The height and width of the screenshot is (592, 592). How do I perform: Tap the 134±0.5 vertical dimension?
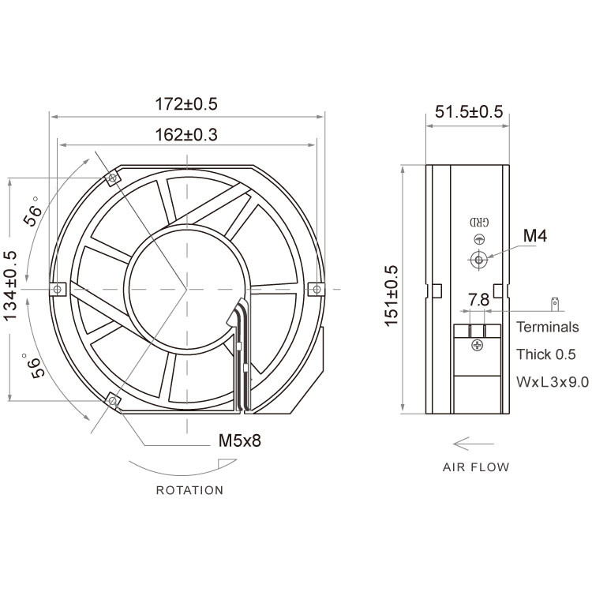pos(11,286)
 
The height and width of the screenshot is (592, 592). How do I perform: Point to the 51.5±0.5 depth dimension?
pos(468,111)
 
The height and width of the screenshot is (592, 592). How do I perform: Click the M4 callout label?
pos(535,234)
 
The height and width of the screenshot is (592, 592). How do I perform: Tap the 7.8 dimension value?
pos(478,300)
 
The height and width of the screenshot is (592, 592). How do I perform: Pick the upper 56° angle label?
pos(34,211)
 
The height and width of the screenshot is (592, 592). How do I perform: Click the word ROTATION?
pos(189,490)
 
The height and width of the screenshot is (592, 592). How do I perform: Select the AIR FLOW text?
pos(475,466)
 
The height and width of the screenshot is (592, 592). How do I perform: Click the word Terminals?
pos(547,327)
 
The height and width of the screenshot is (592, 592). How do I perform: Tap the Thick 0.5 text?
pos(546,354)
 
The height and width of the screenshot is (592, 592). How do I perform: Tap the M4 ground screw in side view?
pos(478,258)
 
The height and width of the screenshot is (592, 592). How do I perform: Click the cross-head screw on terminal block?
pos(478,346)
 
